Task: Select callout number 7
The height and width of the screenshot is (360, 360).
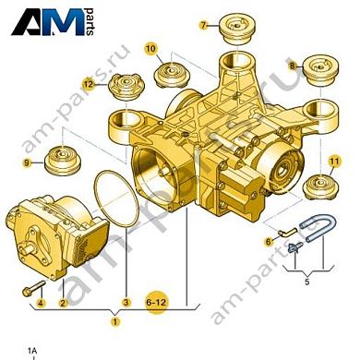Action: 205,19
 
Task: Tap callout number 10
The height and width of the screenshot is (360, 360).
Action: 150,44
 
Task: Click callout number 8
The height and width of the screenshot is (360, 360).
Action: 292,67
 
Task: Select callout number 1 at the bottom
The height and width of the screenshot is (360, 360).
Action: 115,322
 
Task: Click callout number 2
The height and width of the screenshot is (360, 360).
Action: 63,302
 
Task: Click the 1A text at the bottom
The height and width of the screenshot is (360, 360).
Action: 32,350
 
